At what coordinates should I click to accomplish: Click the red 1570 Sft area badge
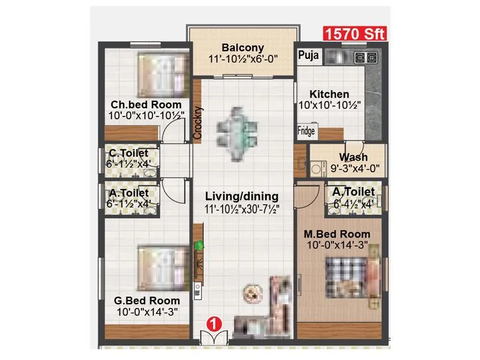click(355, 34)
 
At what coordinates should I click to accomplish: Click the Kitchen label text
click(329, 94)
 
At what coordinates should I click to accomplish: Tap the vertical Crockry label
click(197, 123)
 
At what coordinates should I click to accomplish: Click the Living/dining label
click(242, 196)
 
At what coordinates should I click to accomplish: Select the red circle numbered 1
click(211, 323)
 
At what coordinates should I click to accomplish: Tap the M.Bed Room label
click(336, 233)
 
